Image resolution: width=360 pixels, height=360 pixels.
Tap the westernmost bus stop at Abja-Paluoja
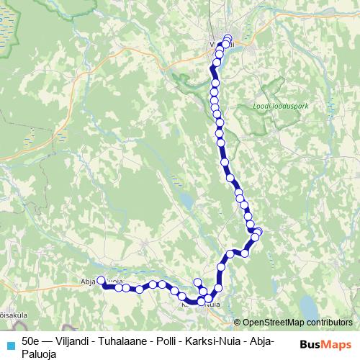click(101, 281)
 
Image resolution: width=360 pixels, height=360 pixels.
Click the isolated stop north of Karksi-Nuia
click(198, 282)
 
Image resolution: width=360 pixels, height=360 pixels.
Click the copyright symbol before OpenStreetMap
click(238, 322)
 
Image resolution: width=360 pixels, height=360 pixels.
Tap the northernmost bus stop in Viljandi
click(228, 37)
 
